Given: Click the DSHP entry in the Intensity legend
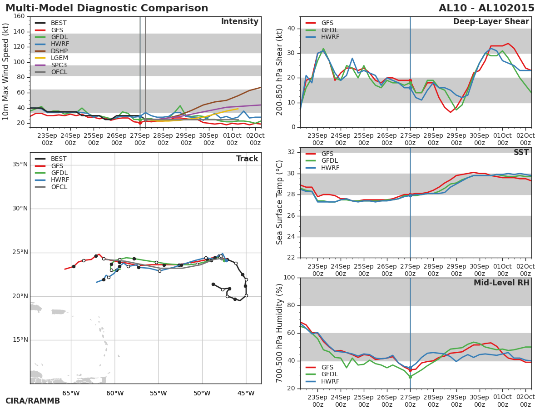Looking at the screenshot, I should coord(59,51).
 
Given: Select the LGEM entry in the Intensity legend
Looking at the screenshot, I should coord(59,58).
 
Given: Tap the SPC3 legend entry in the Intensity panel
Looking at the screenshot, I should coord(59,65).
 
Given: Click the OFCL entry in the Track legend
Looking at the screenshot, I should coord(59,187).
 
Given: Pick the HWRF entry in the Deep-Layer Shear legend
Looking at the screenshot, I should coord(330,37).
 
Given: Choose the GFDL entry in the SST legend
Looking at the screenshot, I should coord(330,161).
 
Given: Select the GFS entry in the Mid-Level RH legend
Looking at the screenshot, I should coord(327,368).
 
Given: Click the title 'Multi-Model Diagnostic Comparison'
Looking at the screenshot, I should coord(107,8).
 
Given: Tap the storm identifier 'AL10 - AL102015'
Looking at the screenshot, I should coord(486,8).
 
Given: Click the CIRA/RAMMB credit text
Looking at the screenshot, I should coord(33,401).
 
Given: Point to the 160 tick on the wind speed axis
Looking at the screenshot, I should coord(19,16).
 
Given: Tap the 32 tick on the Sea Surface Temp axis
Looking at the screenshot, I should coord(291,152).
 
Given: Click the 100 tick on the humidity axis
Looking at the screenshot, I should coord(288,278).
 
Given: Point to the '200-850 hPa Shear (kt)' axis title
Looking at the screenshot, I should coord(280,72).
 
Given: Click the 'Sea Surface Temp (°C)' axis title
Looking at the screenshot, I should coord(280,202).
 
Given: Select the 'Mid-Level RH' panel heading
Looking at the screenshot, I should coord(501,283).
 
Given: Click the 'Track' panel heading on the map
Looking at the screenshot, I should coord(247,159).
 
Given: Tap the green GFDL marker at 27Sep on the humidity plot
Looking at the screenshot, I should coord(410,377).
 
